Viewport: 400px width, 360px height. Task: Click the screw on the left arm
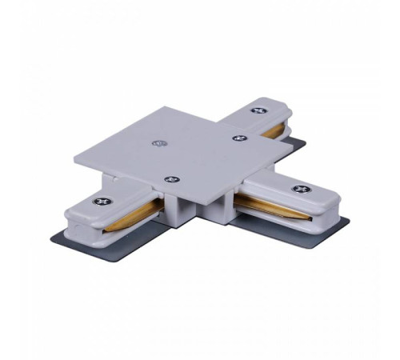pyautogui.click(x=99, y=202)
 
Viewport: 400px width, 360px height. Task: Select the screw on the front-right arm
pyautogui.click(x=300, y=189)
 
